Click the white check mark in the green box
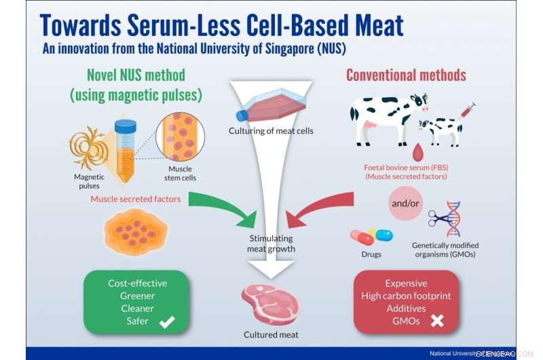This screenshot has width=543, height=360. pos(166,323)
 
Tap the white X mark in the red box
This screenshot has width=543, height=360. pos(437,321)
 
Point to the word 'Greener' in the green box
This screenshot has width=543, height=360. pos(137,295)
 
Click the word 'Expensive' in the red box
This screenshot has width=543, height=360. pos(406,283)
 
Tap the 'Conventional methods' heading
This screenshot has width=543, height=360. pos(406,75)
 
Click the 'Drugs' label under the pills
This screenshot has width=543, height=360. pos(371,254)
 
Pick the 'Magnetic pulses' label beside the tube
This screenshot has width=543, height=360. pos(89,181)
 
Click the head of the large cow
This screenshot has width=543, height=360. pos(419,103)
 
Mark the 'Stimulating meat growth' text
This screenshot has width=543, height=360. pos(270,243)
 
